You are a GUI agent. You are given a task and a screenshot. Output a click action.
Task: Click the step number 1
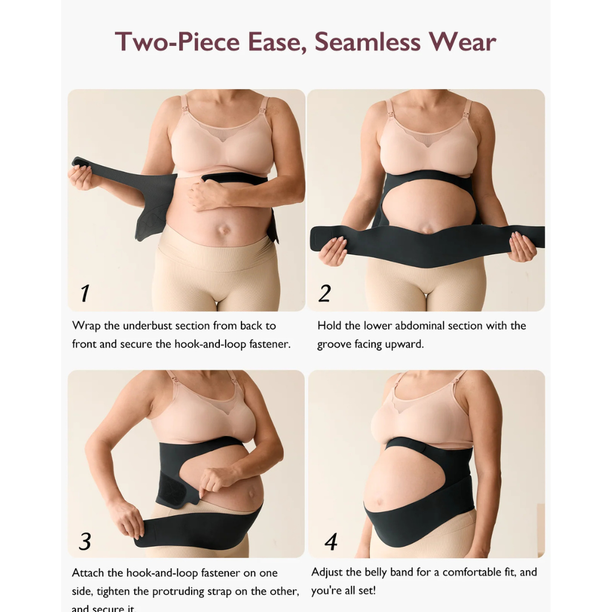click(x=84, y=293)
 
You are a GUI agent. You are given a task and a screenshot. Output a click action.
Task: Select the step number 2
click(x=324, y=293)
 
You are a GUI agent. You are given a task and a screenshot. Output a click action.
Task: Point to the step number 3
click(x=84, y=541)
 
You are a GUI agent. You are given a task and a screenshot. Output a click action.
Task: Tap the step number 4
click(x=331, y=541)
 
